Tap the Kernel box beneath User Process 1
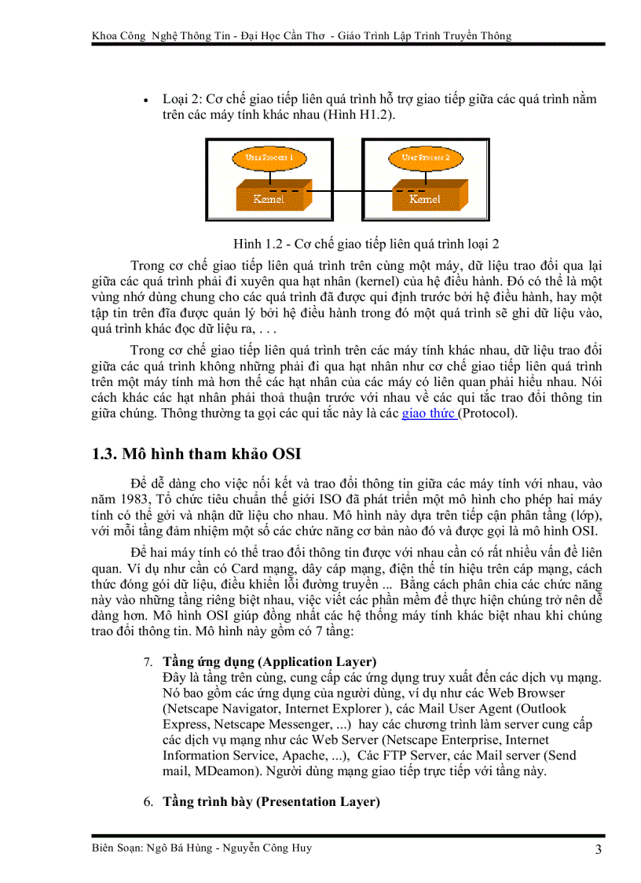(269, 197)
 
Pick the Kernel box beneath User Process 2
(425, 197)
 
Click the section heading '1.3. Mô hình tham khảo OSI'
(196, 454)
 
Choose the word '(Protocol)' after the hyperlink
(489, 413)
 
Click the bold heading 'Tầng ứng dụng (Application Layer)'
(269, 661)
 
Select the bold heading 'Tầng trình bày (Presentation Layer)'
(271, 801)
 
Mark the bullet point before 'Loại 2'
(146, 100)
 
